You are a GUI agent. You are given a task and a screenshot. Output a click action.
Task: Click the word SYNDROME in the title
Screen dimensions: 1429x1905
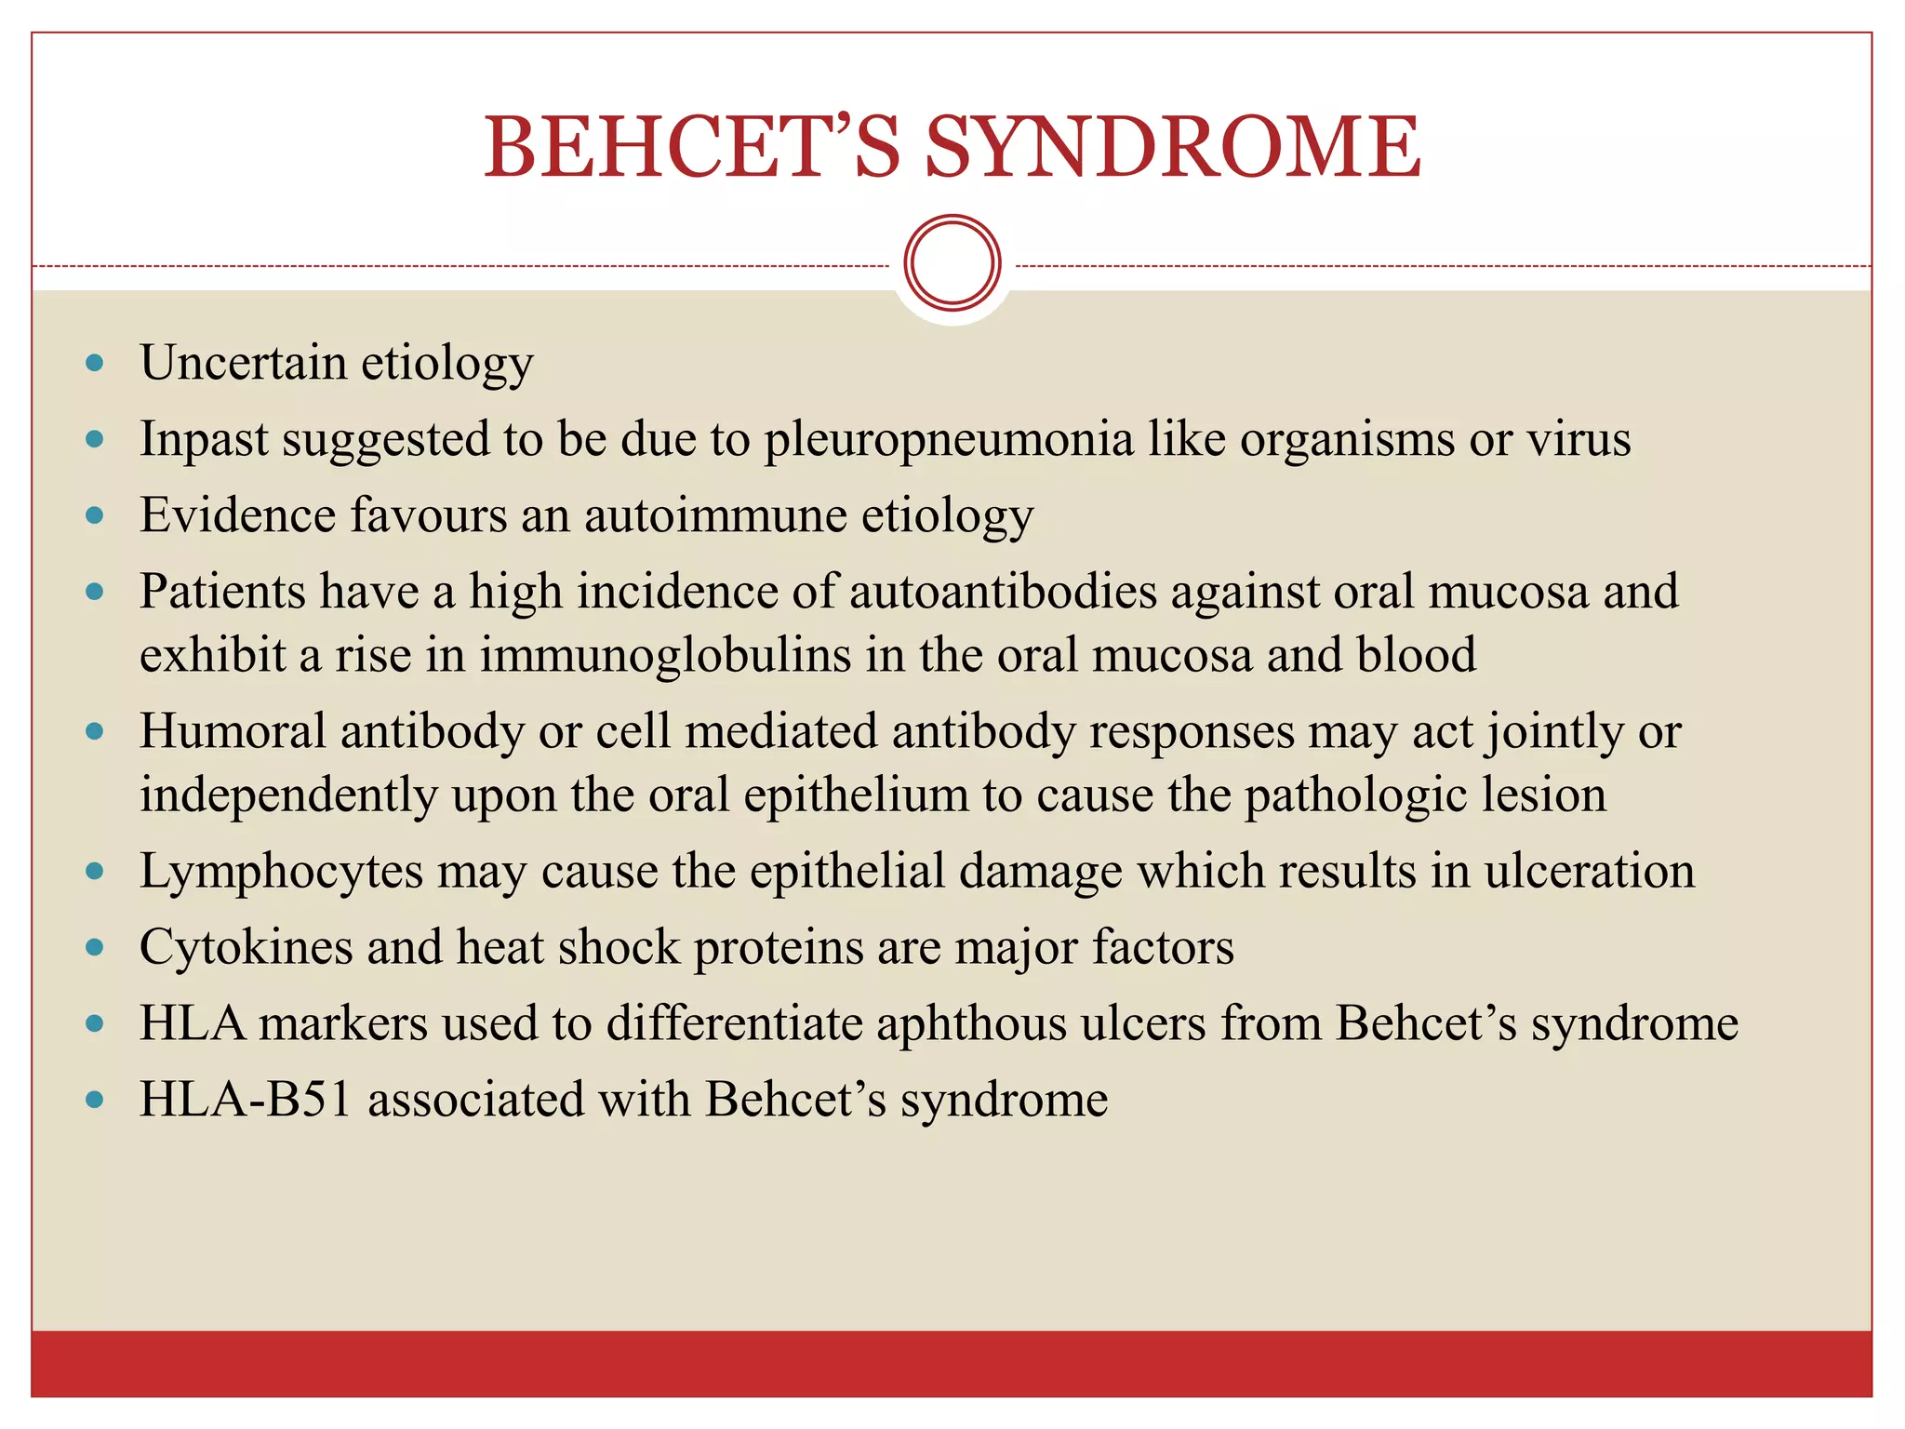coord(1173,147)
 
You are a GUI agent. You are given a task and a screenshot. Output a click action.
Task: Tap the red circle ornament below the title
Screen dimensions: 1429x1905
coord(952,263)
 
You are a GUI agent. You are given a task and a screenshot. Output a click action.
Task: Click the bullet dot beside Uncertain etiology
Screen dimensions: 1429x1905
coord(94,363)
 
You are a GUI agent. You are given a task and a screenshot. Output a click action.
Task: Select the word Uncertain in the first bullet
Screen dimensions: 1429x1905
coord(243,363)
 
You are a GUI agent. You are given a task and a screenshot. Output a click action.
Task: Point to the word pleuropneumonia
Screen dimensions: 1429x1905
coord(949,440)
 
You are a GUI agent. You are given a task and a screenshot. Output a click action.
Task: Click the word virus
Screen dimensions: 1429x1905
coord(1579,439)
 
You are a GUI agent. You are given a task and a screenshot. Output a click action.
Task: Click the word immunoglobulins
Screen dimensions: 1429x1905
coord(665,655)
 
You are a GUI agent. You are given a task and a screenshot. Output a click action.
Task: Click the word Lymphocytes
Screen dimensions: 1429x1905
coord(281,873)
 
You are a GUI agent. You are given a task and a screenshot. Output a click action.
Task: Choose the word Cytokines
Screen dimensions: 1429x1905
coord(246,948)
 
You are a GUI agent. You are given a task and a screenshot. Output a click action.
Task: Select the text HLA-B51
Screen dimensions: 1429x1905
coord(246,1100)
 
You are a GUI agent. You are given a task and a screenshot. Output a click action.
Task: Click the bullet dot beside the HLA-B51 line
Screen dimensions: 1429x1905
coord(94,1101)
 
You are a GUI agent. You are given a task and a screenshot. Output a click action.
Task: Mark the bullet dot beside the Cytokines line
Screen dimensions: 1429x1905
coord(94,948)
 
